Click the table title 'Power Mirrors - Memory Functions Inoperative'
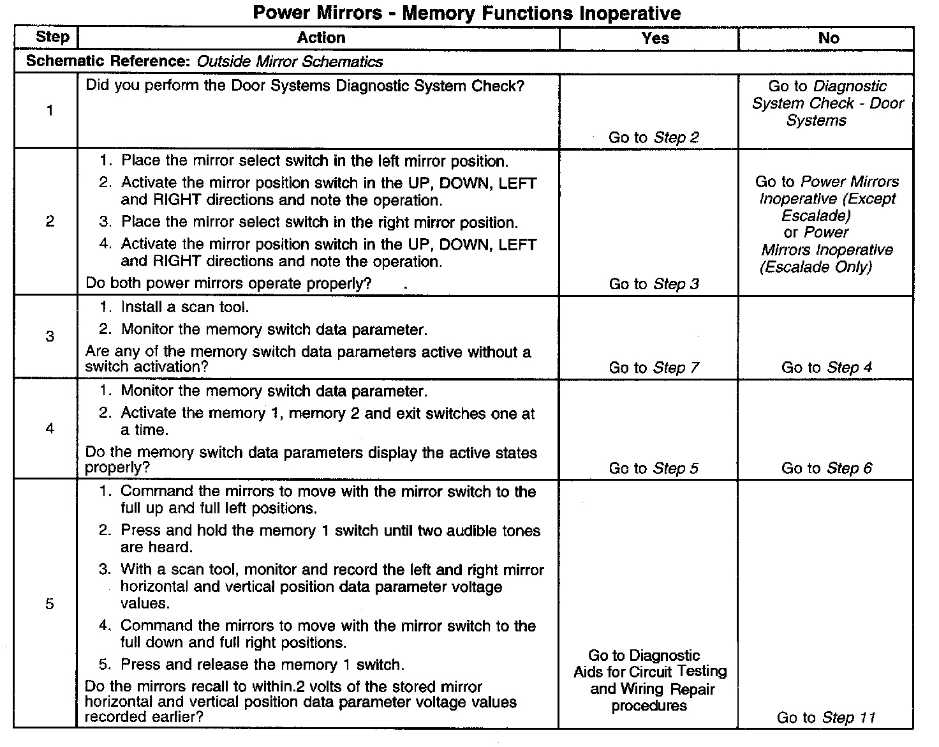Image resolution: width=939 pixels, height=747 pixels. (466, 13)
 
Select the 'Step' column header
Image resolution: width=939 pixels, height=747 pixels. (52, 37)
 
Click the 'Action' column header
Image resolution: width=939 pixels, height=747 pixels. (321, 38)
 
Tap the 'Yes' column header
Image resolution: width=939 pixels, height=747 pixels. (655, 38)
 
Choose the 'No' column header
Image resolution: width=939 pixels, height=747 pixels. (828, 38)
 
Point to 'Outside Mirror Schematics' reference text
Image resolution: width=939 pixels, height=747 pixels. (290, 62)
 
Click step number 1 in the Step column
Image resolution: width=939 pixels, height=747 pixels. (50, 110)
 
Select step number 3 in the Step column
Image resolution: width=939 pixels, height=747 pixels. (50, 336)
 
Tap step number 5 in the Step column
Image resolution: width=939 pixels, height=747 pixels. (50, 604)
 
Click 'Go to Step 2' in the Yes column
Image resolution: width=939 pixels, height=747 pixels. (654, 137)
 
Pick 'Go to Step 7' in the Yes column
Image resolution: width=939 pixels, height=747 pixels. (654, 368)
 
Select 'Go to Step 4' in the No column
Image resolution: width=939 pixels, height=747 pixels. (827, 368)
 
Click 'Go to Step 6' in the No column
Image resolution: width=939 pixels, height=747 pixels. (827, 469)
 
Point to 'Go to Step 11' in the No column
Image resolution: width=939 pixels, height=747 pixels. (826, 718)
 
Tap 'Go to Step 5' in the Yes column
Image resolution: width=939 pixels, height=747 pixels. (654, 469)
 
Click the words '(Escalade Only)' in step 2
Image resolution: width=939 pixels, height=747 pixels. (816, 267)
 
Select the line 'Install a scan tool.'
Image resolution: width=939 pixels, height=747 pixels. (184, 307)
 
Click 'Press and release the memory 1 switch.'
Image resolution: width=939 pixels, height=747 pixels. (262, 665)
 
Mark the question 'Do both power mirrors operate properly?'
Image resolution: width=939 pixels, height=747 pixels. (228, 283)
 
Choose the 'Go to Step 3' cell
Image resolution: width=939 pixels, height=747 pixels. (654, 284)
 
